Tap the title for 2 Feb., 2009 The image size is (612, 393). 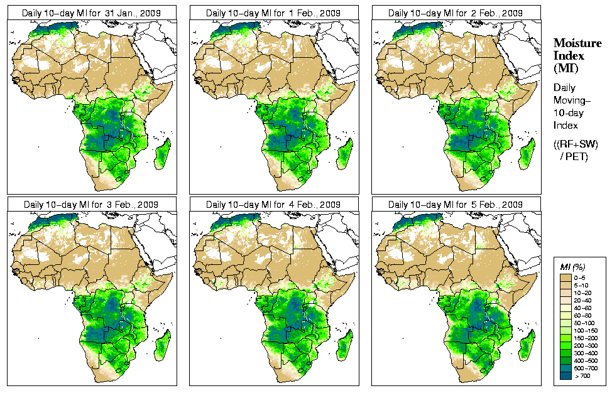pyautogui.click(x=455, y=13)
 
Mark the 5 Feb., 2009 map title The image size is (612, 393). pyautogui.click(x=455, y=205)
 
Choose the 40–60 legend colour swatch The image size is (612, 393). pyautogui.click(x=565, y=308)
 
